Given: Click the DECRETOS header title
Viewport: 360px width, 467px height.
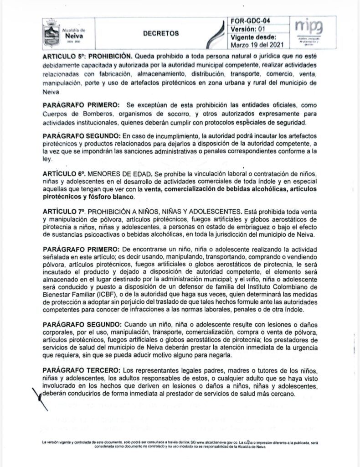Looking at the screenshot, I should [x=161, y=33].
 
